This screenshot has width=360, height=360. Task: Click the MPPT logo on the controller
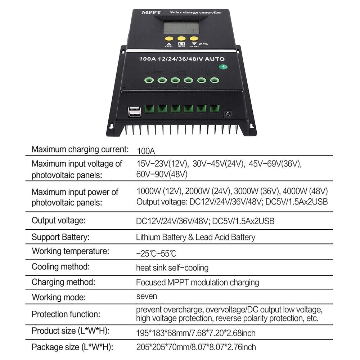coord(149,13)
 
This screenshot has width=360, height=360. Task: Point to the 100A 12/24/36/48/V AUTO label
coord(182,59)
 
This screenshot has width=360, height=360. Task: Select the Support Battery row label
coord(60,237)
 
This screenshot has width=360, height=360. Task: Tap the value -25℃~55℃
coord(156,253)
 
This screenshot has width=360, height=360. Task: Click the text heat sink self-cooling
coord(172,268)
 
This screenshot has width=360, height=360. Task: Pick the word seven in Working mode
coord(147,296)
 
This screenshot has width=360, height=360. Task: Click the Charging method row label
coord(63,282)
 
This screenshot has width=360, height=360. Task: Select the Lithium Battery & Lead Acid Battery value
coord(195,237)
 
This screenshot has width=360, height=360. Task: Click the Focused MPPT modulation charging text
coord(197,282)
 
